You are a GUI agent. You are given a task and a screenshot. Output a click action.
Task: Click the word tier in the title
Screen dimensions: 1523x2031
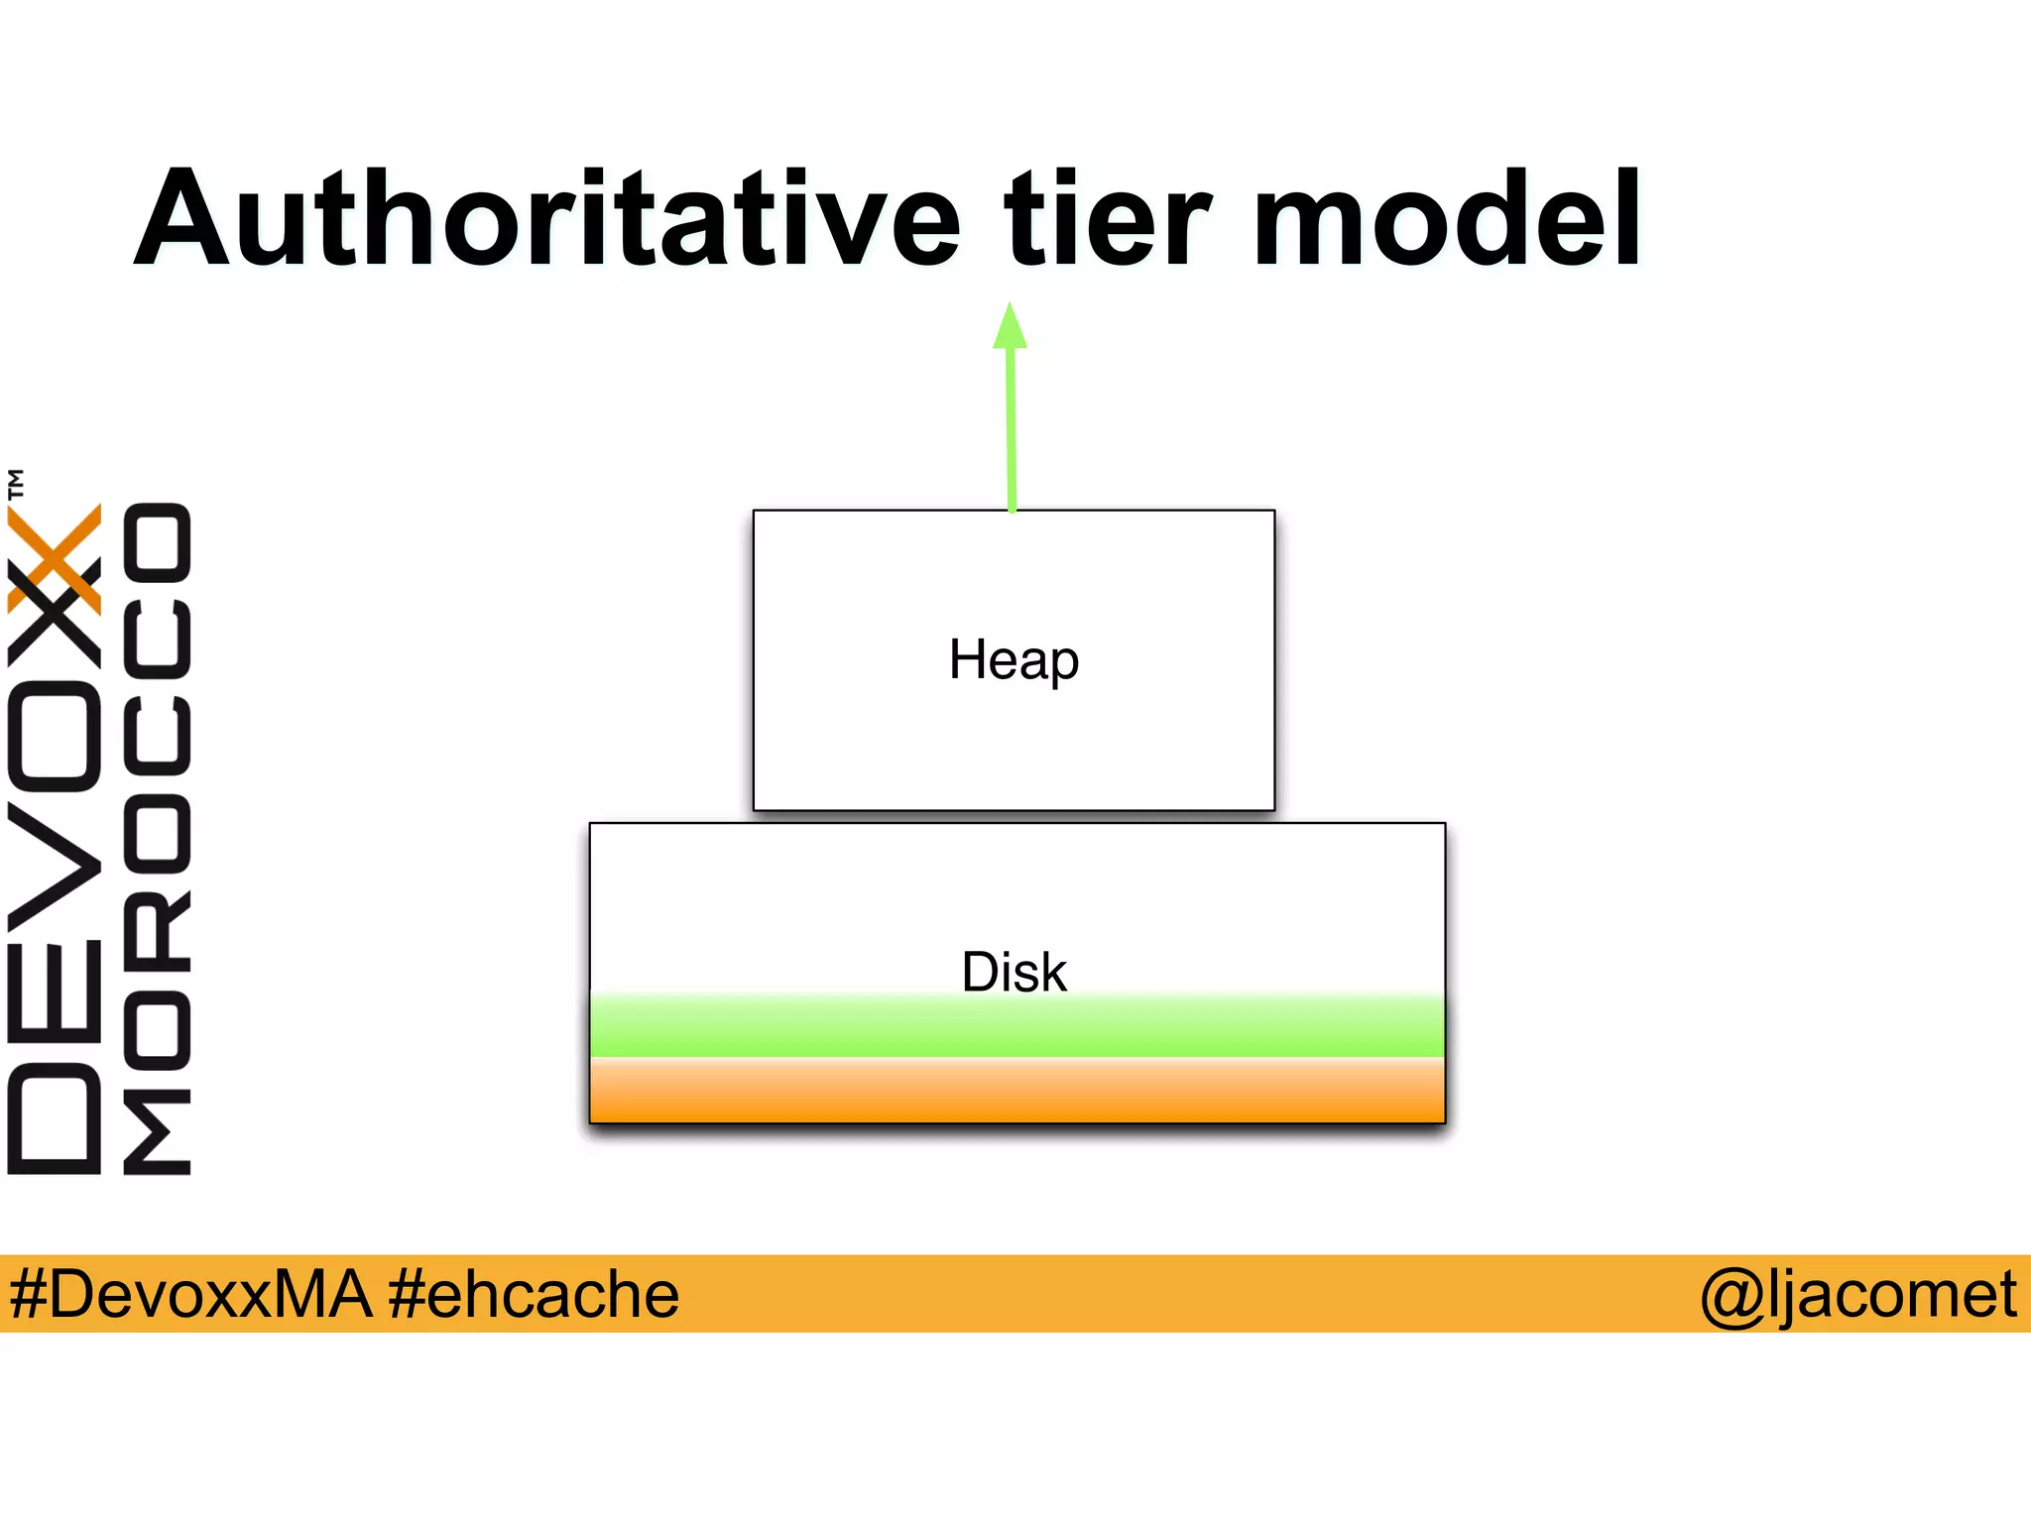point(1108,220)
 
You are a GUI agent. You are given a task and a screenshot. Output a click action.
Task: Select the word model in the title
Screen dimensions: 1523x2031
point(1446,220)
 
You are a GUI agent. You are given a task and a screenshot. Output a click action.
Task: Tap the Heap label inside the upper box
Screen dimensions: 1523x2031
point(1014,660)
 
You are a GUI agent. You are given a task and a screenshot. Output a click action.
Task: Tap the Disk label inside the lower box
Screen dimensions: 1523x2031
point(1014,972)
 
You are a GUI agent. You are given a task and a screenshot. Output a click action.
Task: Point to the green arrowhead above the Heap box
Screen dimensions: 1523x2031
point(1010,327)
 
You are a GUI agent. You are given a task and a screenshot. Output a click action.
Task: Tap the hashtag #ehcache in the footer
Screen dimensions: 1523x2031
point(534,1294)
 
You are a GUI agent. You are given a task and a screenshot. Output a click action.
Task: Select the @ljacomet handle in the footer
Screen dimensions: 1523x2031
point(1857,1294)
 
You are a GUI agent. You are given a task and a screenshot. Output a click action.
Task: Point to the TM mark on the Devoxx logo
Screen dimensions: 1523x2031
point(16,484)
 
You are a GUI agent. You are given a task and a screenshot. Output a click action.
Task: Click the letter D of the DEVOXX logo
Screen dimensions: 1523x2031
point(55,1118)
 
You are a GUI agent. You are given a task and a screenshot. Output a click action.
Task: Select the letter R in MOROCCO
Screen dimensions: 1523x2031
point(157,928)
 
